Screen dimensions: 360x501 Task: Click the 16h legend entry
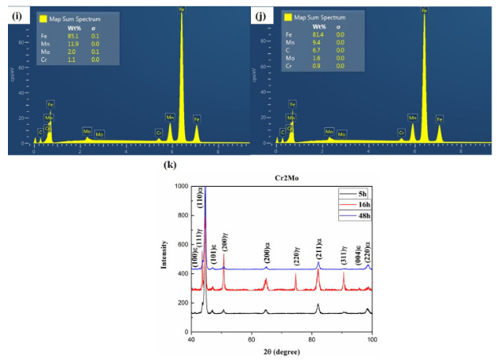364,203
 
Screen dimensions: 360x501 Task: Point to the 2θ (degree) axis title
282,352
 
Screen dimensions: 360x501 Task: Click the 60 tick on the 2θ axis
252,340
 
